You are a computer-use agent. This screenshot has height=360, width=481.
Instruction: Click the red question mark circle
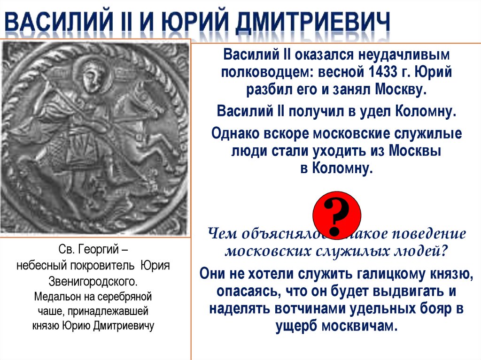click(x=337, y=214)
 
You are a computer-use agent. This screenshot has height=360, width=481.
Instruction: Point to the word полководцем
click(x=266, y=73)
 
